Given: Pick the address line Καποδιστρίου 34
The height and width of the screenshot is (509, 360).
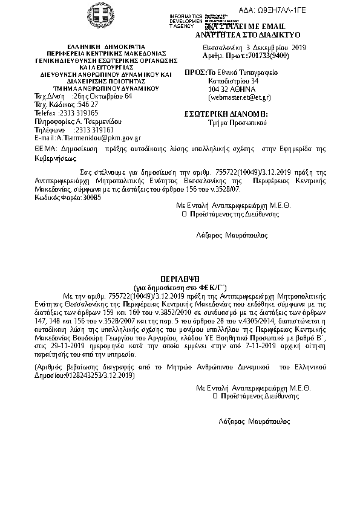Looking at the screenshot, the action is (233, 80).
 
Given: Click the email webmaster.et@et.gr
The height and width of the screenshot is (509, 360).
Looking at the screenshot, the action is (239, 97).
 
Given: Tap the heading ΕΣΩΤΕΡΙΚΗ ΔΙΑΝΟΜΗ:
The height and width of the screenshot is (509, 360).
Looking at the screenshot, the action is (226, 114).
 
